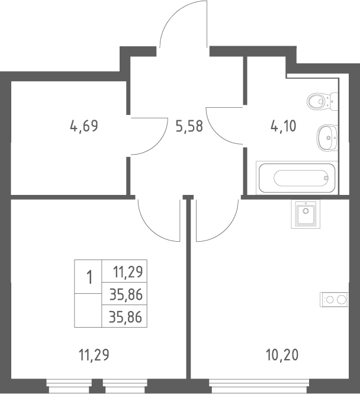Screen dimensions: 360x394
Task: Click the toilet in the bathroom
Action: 322,101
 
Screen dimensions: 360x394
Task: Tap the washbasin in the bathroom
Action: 327,137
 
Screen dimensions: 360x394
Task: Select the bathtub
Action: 297,178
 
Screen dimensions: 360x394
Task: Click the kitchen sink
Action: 306,214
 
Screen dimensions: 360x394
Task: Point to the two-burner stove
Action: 334,299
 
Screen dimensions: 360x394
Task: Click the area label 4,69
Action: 84,126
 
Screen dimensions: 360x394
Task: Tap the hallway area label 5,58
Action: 189,126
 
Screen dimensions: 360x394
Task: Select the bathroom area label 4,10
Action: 284,126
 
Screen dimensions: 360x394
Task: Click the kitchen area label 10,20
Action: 282,355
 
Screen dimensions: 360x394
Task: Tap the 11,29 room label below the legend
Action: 94,355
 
